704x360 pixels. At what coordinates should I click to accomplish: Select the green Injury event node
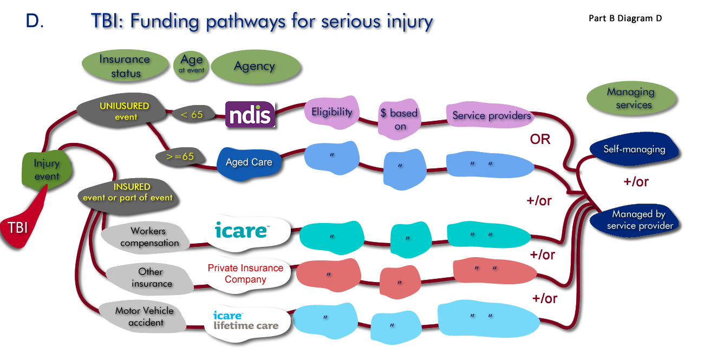tap(47, 169)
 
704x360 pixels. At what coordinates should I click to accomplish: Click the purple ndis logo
tap(250, 114)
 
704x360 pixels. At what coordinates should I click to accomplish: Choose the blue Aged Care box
tap(249, 162)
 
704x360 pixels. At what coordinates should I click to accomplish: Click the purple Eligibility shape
tap(331, 113)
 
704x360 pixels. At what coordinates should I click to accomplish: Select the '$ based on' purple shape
tap(400, 119)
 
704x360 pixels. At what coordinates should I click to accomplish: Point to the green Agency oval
tap(255, 66)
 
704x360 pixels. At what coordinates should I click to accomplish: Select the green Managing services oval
tap(630, 98)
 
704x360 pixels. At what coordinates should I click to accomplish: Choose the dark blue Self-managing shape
tap(634, 149)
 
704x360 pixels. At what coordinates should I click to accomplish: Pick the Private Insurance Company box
tap(245, 274)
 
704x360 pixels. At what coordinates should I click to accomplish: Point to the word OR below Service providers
tap(539, 139)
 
